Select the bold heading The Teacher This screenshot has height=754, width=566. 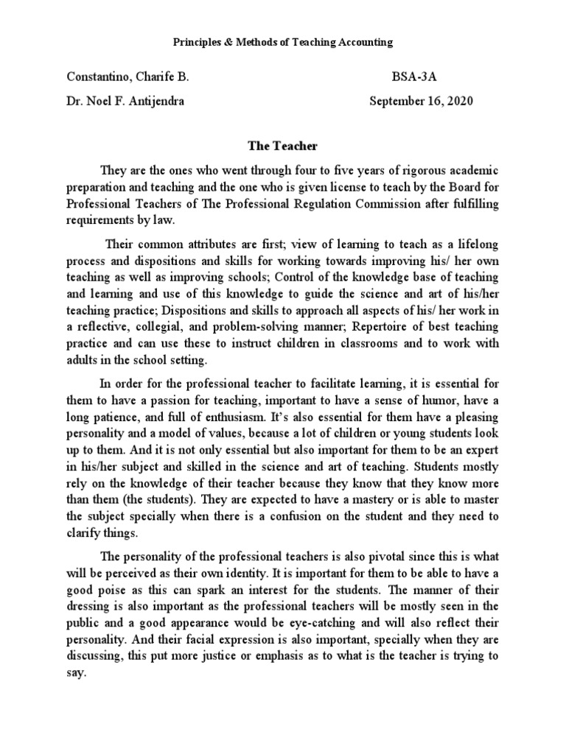(282, 147)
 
